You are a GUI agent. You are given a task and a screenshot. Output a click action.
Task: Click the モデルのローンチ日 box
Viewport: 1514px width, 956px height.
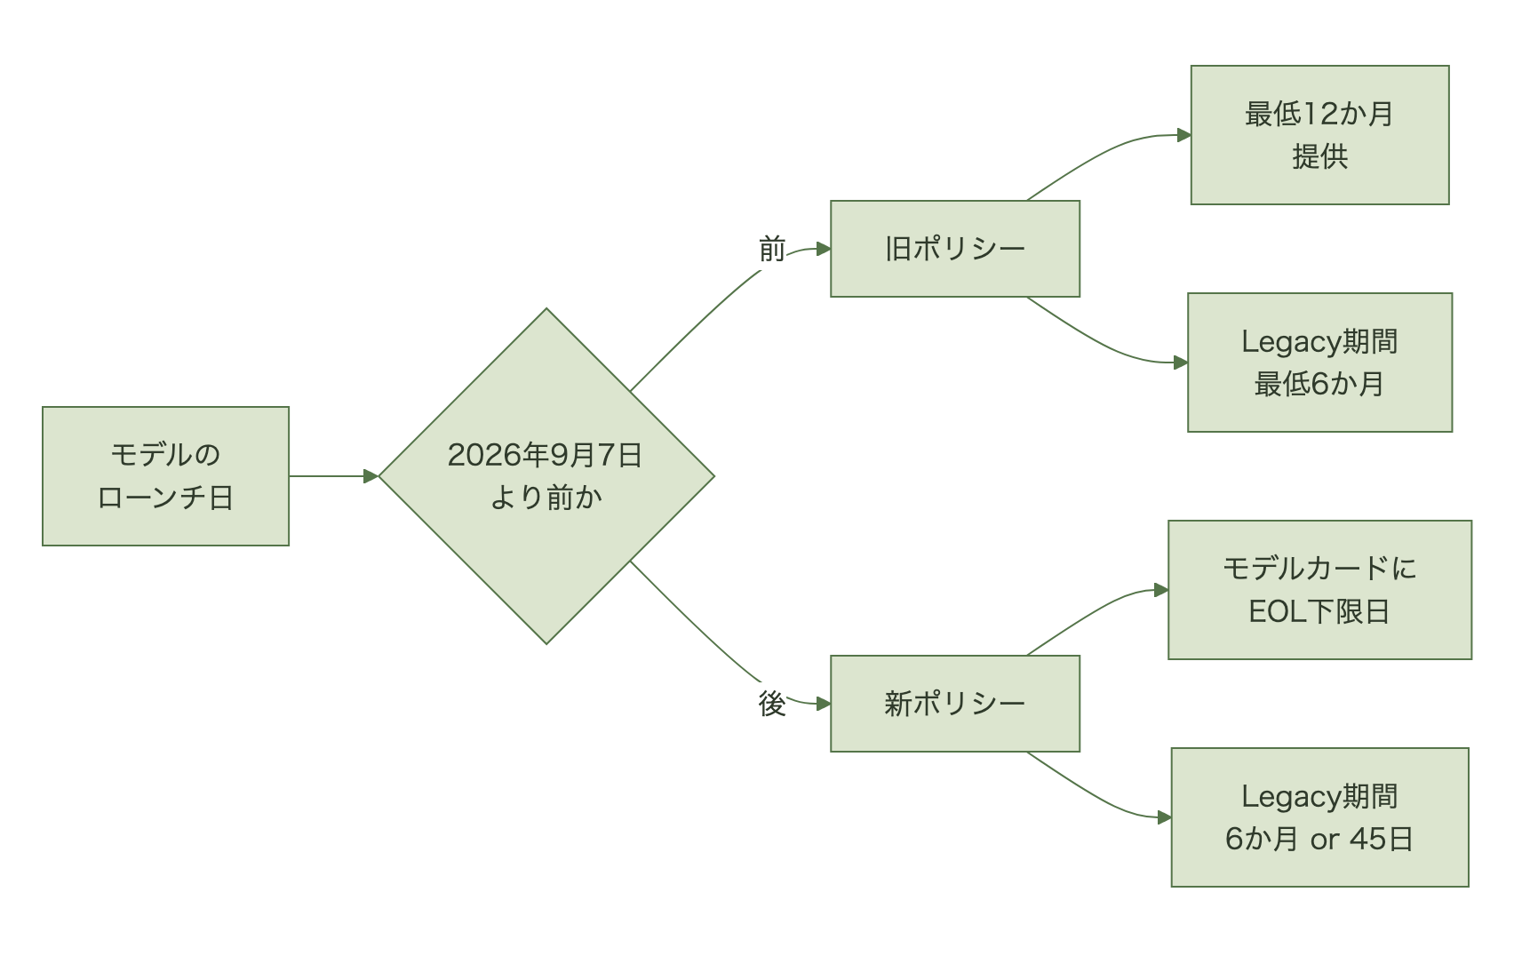pyautogui.click(x=165, y=476)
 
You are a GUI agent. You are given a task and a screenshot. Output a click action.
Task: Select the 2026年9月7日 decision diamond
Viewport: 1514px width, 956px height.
pyautogui.click(x=546, y=476)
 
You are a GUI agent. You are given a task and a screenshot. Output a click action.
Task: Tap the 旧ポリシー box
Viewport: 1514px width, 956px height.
pyautogui.click(x=955, y=249)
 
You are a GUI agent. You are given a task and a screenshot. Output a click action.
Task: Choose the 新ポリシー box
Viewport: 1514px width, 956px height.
pyautogui.click(x=955, y=703)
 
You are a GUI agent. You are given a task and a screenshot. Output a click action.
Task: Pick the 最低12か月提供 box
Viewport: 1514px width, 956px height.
pyautogui.click(x=1320, y=135)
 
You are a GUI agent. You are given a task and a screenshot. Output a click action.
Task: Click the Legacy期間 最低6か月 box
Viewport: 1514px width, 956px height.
pyautogui.click(x=1320, y=362)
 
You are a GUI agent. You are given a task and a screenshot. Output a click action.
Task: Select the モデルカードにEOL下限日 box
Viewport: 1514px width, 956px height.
pyautogui.click(x=1320, y=590)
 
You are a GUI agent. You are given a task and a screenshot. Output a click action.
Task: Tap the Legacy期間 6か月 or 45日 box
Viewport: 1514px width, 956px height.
pyautogui.click(x=1320, y=817)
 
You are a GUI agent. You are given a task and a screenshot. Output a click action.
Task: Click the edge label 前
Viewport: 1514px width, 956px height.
pyautogui.click(x=772, y=250)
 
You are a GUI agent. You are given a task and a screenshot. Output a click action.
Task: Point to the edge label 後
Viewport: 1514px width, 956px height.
pyautogui.click(x=772, y=704)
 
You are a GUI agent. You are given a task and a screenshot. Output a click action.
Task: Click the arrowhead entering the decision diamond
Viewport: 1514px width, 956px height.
pyautogui.click(x=371, y=476)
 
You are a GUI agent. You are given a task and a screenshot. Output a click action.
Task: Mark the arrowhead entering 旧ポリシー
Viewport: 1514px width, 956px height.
pyautogui.click(x=824, y=249)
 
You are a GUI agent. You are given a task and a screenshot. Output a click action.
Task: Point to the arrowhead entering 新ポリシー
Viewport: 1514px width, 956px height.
pyautogui.click(x=824, y=704)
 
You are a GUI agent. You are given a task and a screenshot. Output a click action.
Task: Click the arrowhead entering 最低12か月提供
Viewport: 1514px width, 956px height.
pyautogui.click(x=1183, y=135)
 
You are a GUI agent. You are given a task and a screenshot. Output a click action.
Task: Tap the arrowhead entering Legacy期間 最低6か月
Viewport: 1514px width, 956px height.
pyautogui.click(x=1181, y=362)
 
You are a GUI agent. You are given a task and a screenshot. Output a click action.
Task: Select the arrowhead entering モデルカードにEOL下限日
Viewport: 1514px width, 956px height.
pyautogui.click(x=1161, y=590)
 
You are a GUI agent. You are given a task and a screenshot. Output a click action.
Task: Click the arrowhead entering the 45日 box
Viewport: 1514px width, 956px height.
pyautogui.click(x=1165, y=817)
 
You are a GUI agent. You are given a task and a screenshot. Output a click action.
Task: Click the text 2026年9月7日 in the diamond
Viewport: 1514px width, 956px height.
pyautogui.click(x=545, y=455)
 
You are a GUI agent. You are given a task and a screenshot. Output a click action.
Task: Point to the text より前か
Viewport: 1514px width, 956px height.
pyautogui.click(x=546, y=498)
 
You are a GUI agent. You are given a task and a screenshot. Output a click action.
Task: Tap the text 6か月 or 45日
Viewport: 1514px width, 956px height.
pyautogui.click(x=1319, y=839)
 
